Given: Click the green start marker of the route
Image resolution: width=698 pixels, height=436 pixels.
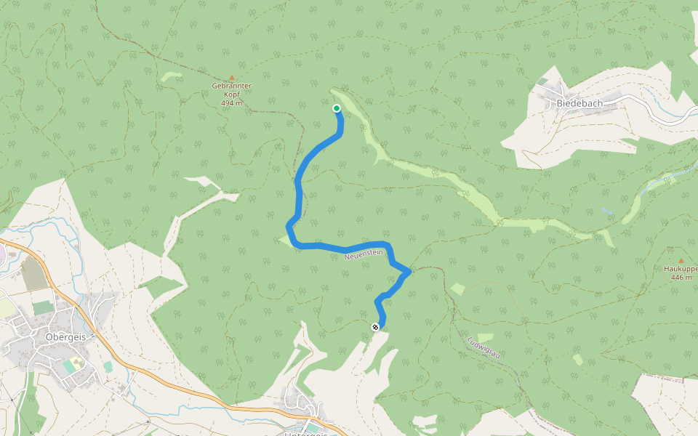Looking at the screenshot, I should [337, 109].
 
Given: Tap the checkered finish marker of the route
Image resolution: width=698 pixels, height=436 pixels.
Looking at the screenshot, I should [376, 327].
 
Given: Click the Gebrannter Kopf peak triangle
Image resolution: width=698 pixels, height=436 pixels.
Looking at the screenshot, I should [232, 77].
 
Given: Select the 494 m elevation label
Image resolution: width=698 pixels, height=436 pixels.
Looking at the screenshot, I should [232, 103].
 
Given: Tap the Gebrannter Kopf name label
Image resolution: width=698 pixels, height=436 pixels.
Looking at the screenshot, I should [232, 90].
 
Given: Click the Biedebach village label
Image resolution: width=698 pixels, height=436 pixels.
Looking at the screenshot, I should [579, 103].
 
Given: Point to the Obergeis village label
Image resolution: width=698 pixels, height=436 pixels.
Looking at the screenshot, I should [65, 336].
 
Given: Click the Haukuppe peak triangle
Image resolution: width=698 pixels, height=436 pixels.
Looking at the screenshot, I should [681, 260].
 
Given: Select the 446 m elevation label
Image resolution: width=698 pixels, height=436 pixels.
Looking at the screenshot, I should [680, 278].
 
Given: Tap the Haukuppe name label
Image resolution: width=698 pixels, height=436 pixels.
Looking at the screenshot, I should [681, 269].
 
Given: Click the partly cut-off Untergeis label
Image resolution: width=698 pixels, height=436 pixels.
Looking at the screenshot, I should [305, 434].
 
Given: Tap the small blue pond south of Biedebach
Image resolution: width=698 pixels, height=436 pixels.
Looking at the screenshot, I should [606, 211].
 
